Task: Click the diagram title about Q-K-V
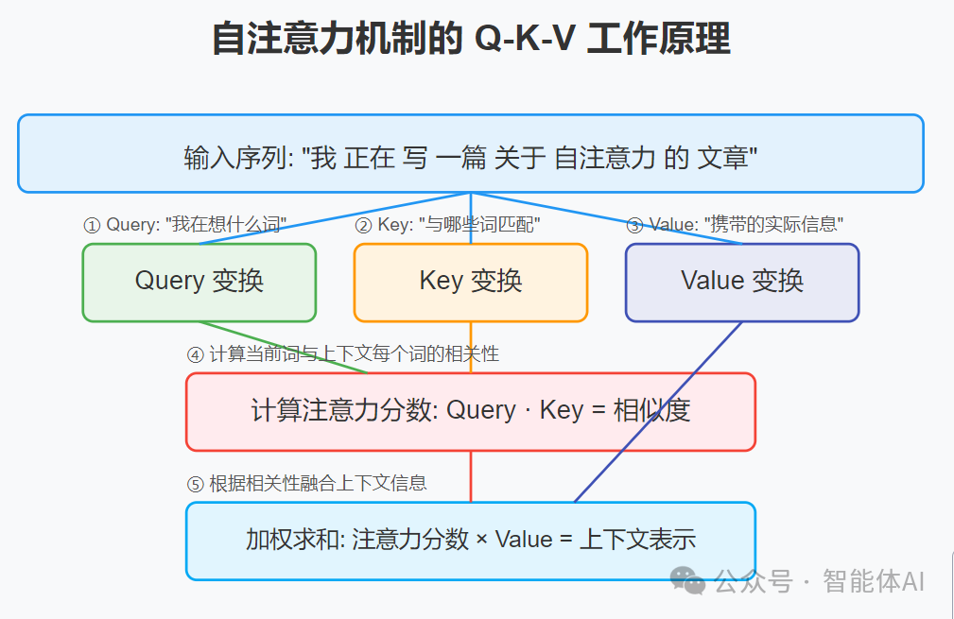pyautogui.click(x=470, y=41)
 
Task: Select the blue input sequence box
pyautogui.click(x=470, y=154)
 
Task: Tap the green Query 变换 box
pyautogui.click(x=199, y=282)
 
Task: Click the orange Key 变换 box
pyautogui.click(x=470, y=282)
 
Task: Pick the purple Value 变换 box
pyautogui.click(x=741, y=282)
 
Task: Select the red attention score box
pyautogui.click(x=470, y=411)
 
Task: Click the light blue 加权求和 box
pyautogui.click(x=470, y=540)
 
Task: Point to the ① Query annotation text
pyautogui.click(x=185, y=225)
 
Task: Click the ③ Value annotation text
pyautogui.click(x=735, y=225)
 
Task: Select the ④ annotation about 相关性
pyautogui.click(x=342, y=354)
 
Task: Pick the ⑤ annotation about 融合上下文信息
pyautogui.click(x=306, y=484)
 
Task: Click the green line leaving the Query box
pyautogui.click(x=284, y=347)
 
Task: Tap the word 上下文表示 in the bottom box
pyautogui.click(x=638, y=540)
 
